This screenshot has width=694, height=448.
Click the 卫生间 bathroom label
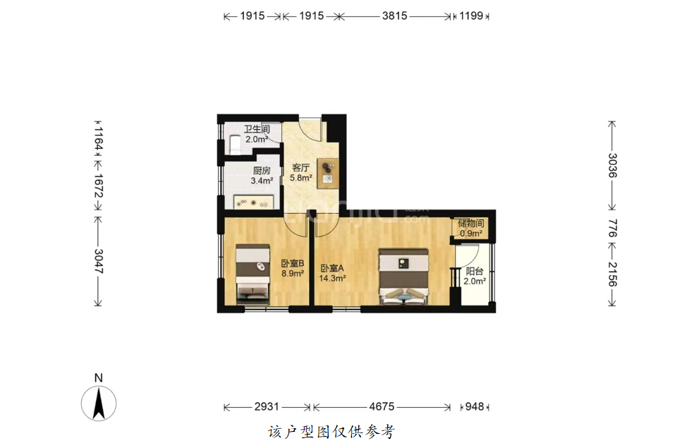click(257, 129)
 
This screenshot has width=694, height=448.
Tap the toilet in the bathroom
click(235, 145)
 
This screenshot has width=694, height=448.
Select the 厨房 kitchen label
click(262, 171)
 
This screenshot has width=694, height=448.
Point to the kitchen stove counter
click(253, 202)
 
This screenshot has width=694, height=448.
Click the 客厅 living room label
click(300, 167)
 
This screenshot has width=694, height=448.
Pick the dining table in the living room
click(328, 173)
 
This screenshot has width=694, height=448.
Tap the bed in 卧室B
click(252, 274)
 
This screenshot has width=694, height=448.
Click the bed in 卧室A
click(403, 277)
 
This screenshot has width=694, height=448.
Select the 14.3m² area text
click(332, 279)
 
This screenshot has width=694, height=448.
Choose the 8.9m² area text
click(293, 274)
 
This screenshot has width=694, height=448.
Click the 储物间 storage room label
click(471, 223)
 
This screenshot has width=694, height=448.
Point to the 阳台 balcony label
click(475, 272)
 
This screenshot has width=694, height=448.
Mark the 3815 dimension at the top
click(395, 16)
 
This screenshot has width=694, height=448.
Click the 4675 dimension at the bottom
click(382, 406)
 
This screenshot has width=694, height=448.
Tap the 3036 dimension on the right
click(612, 165)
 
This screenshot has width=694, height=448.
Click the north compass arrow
click(99, 403)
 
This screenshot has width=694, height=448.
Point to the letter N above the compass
click(99, 377)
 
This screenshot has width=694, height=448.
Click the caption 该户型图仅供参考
click(331, 432)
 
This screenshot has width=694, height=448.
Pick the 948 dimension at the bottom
click(475, 406)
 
